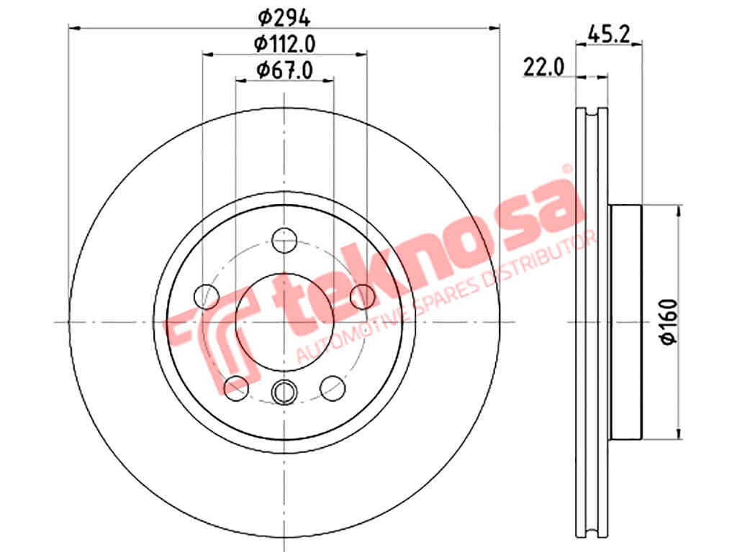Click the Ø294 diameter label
coord(284,18)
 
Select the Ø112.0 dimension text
coord(284,44)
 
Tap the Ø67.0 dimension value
coord(284,70)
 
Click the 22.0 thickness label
coord(543,67)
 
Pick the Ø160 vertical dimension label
coord(670,322)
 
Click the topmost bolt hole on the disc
coord(284,240)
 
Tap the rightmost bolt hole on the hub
coord(363,297)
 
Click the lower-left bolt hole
coord(236,388)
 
